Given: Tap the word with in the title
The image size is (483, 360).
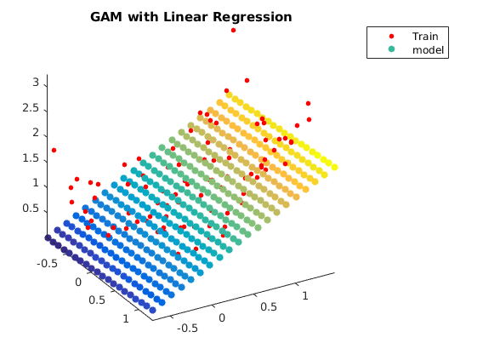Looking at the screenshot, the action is tap(144, 17).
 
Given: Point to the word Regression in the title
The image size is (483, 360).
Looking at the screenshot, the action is tap(253, 18).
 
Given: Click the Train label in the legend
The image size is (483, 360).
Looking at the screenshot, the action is tap(425, 37).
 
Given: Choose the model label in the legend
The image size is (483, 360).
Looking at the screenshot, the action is tap(428, 50).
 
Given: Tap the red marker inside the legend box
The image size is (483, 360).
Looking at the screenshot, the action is tap(391, 37).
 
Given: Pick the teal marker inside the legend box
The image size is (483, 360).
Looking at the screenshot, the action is tap(391, 49).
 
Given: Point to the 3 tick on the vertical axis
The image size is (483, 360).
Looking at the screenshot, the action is tap(36, 83).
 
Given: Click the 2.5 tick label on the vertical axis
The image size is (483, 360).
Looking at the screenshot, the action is tap(31, 108).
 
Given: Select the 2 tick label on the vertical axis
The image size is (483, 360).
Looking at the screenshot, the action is tap(36, 133).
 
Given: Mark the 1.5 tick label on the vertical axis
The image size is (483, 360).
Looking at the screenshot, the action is tap(31, 158).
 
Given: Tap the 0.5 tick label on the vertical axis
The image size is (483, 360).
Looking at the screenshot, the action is tap(31, 209).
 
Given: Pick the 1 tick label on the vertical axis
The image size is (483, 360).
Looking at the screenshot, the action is tap(36, 183).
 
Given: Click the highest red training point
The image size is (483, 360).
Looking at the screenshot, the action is tap(233, 30).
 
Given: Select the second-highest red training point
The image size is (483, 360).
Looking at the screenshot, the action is tap(247, 81).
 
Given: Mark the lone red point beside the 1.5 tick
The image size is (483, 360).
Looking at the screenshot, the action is tap(54, 150).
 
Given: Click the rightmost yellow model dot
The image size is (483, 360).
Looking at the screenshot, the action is tap(334, 167).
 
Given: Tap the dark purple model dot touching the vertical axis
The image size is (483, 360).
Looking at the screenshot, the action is tap(48, 237).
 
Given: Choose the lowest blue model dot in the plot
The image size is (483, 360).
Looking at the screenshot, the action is tap(152, 310).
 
